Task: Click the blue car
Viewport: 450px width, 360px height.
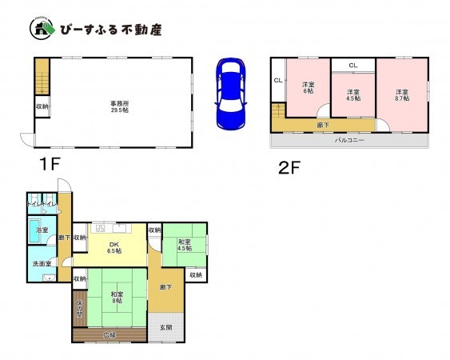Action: click(232, 94)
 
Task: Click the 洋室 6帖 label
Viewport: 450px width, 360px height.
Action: click(309, 88)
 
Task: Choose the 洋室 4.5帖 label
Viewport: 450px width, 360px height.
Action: click(352, 96)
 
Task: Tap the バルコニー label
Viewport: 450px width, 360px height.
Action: click(349, 140)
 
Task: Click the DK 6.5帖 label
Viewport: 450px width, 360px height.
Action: click(114, 247)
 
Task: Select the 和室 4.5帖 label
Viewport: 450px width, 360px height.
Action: click(183, 245)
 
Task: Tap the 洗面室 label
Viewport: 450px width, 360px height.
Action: click(42, 263)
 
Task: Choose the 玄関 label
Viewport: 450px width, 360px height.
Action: click(165, 326)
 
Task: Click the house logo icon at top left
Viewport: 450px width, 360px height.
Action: click(42, 30)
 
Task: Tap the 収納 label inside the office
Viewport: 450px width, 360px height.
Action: click(42, 106)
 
